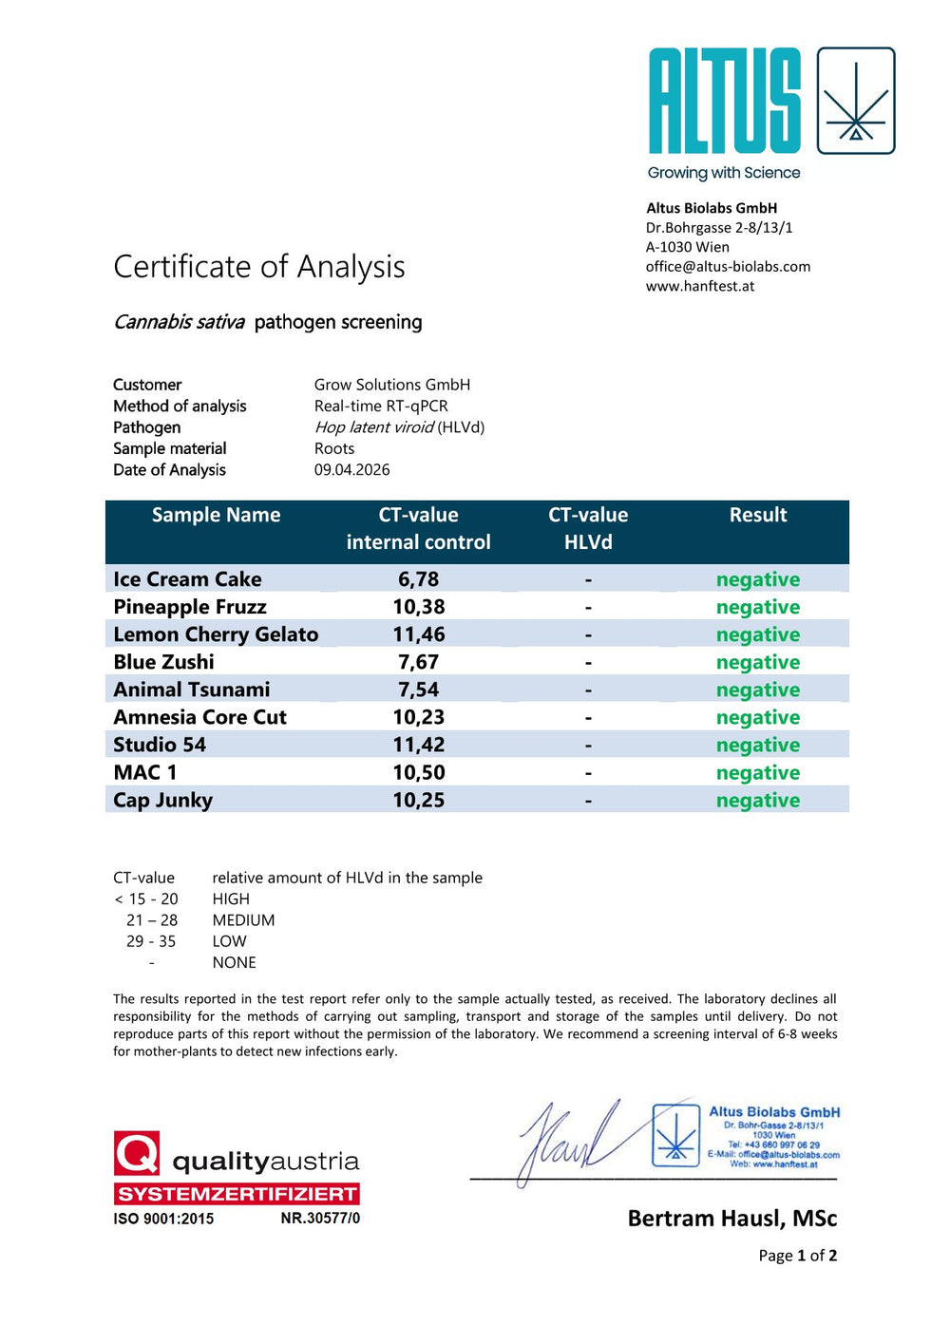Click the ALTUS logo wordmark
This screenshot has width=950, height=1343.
(724, 102)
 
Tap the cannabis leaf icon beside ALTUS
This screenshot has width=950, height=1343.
(856, 102)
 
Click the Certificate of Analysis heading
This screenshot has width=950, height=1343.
(259, 267)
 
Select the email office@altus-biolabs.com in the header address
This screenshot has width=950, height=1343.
(728, 267)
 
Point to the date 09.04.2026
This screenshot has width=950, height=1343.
(351, 470)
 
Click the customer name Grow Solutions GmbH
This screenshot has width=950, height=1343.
(392, 385)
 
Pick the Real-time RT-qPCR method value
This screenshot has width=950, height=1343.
(381, 407)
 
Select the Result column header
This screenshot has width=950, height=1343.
(757, 516)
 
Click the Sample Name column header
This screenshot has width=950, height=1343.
(216, 516)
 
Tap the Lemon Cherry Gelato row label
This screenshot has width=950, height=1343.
(216, 634)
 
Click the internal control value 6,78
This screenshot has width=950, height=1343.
(418, 579)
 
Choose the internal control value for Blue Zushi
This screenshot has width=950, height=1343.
(418, 662)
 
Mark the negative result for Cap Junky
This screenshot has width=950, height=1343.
(757, 801)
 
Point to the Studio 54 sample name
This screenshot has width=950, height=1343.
(160, 746)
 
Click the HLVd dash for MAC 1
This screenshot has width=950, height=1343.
(588, 773)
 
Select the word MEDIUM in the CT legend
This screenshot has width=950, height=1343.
(243, 920)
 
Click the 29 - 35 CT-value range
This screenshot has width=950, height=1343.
(151, 941)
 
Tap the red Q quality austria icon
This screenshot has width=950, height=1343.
(137, 1153)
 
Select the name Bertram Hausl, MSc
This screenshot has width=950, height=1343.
(731, 1219)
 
